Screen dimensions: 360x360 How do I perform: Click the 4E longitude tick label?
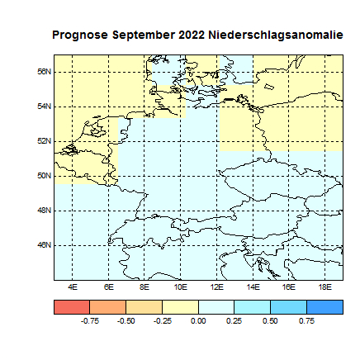[x=73, y=287]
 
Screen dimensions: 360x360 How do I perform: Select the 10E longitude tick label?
[x=180, y=287]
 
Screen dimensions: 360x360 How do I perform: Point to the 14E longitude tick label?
[x=253, y=287]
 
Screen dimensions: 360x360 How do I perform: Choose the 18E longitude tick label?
[x=324, y=287]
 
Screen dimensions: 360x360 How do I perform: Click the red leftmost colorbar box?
[x=72, y=306]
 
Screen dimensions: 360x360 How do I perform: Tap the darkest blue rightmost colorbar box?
[x=324, y=306]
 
